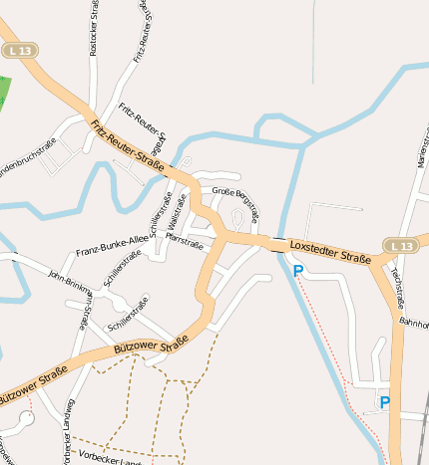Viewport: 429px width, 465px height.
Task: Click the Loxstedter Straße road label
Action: [330, 251]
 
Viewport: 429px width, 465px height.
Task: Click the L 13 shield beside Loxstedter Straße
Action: [400, 245]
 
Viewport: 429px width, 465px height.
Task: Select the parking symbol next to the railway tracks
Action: [384, 403]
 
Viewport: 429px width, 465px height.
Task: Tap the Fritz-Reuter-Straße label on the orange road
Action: [128, 145]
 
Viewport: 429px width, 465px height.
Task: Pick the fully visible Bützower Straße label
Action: [150, 352]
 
